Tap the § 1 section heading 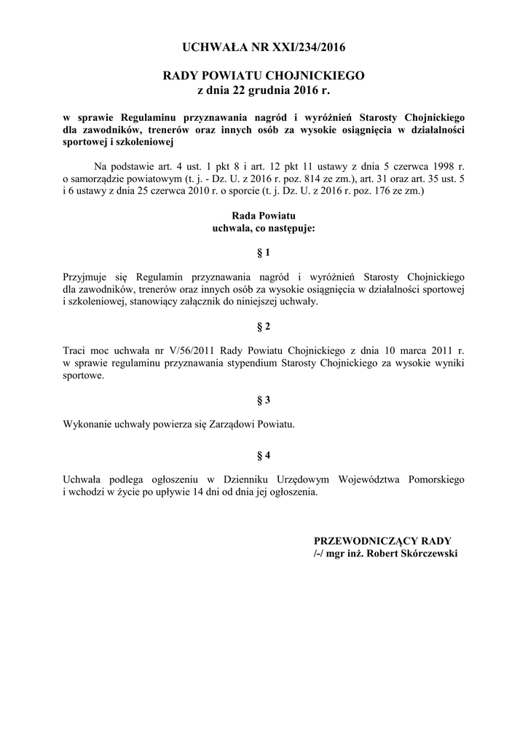(x=264, y=253)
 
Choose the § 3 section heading (x=264, y=400)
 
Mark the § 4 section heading (x=264, y=455)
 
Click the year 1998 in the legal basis (x=435, y=164)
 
